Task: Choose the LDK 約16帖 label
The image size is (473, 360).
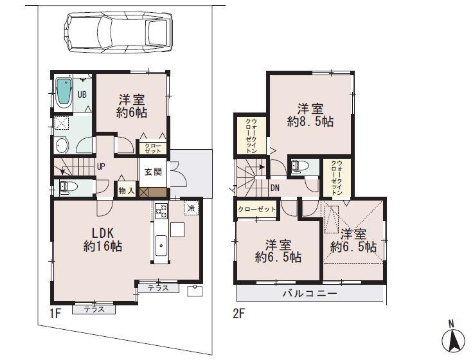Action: pos(102,239)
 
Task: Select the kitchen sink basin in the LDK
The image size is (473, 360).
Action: pos(161,245)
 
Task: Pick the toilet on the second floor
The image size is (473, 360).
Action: pos(299,166)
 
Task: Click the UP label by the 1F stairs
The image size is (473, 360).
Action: pos(101,166)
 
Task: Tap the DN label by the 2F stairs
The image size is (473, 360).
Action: pos(274,188)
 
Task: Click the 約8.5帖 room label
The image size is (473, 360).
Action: pos(310,114)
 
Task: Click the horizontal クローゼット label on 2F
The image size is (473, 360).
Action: pos(256,210)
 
